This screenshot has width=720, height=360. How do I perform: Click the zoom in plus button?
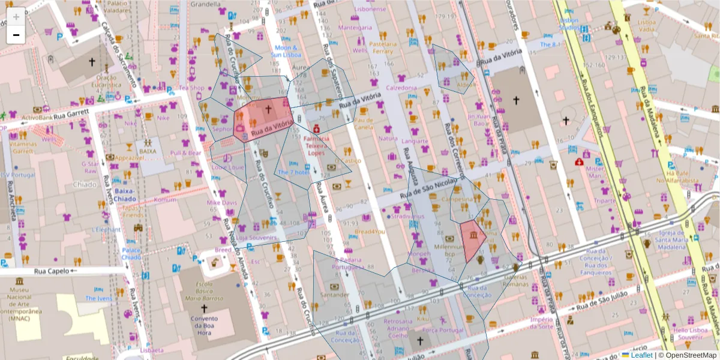click(16, 17)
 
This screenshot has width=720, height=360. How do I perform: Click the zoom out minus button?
click(16, 35)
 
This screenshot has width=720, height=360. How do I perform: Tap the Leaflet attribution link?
click(641, 355)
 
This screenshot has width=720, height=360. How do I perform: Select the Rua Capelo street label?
click(52, 271)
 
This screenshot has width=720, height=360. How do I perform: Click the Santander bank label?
click(335, 295)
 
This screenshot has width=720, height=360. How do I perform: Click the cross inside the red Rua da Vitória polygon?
click(268, 110)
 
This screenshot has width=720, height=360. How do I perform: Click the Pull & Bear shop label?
click(185, 153)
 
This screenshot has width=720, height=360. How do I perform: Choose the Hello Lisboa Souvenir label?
click(691, 334)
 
